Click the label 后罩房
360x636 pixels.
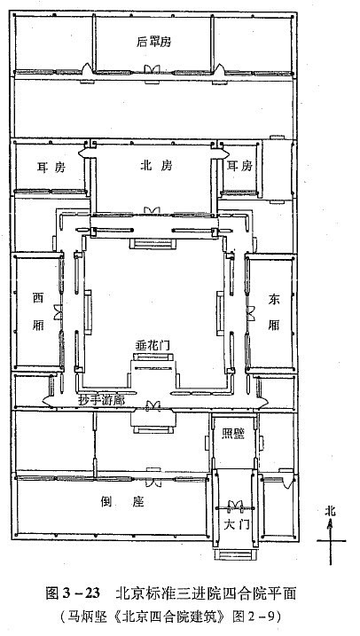click(x=154, y=43)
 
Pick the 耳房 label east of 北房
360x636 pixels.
click(x=240, y=166)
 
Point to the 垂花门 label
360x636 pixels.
click(x=152, y=346)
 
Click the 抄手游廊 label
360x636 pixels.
click(x=101, y=400)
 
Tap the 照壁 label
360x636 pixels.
click(x=233, y=434)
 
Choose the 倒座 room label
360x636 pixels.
click(x=123, y=502)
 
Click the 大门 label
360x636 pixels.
click(x=237, y=524)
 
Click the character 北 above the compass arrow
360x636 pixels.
click(x=331, y=511)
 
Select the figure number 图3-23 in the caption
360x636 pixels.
click(x=73, y=593)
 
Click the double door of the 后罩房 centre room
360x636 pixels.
click(x=152, y=69)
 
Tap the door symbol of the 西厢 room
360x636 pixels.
click(x=59, y=312)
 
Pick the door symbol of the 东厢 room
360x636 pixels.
click(x=251, y=313)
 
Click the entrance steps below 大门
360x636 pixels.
click(x=233, y=554)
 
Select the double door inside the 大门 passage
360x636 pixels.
click(x=235, y=506)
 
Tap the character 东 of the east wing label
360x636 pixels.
click(x=274, y=300)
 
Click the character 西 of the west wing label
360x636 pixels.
click(x=38, y=299)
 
